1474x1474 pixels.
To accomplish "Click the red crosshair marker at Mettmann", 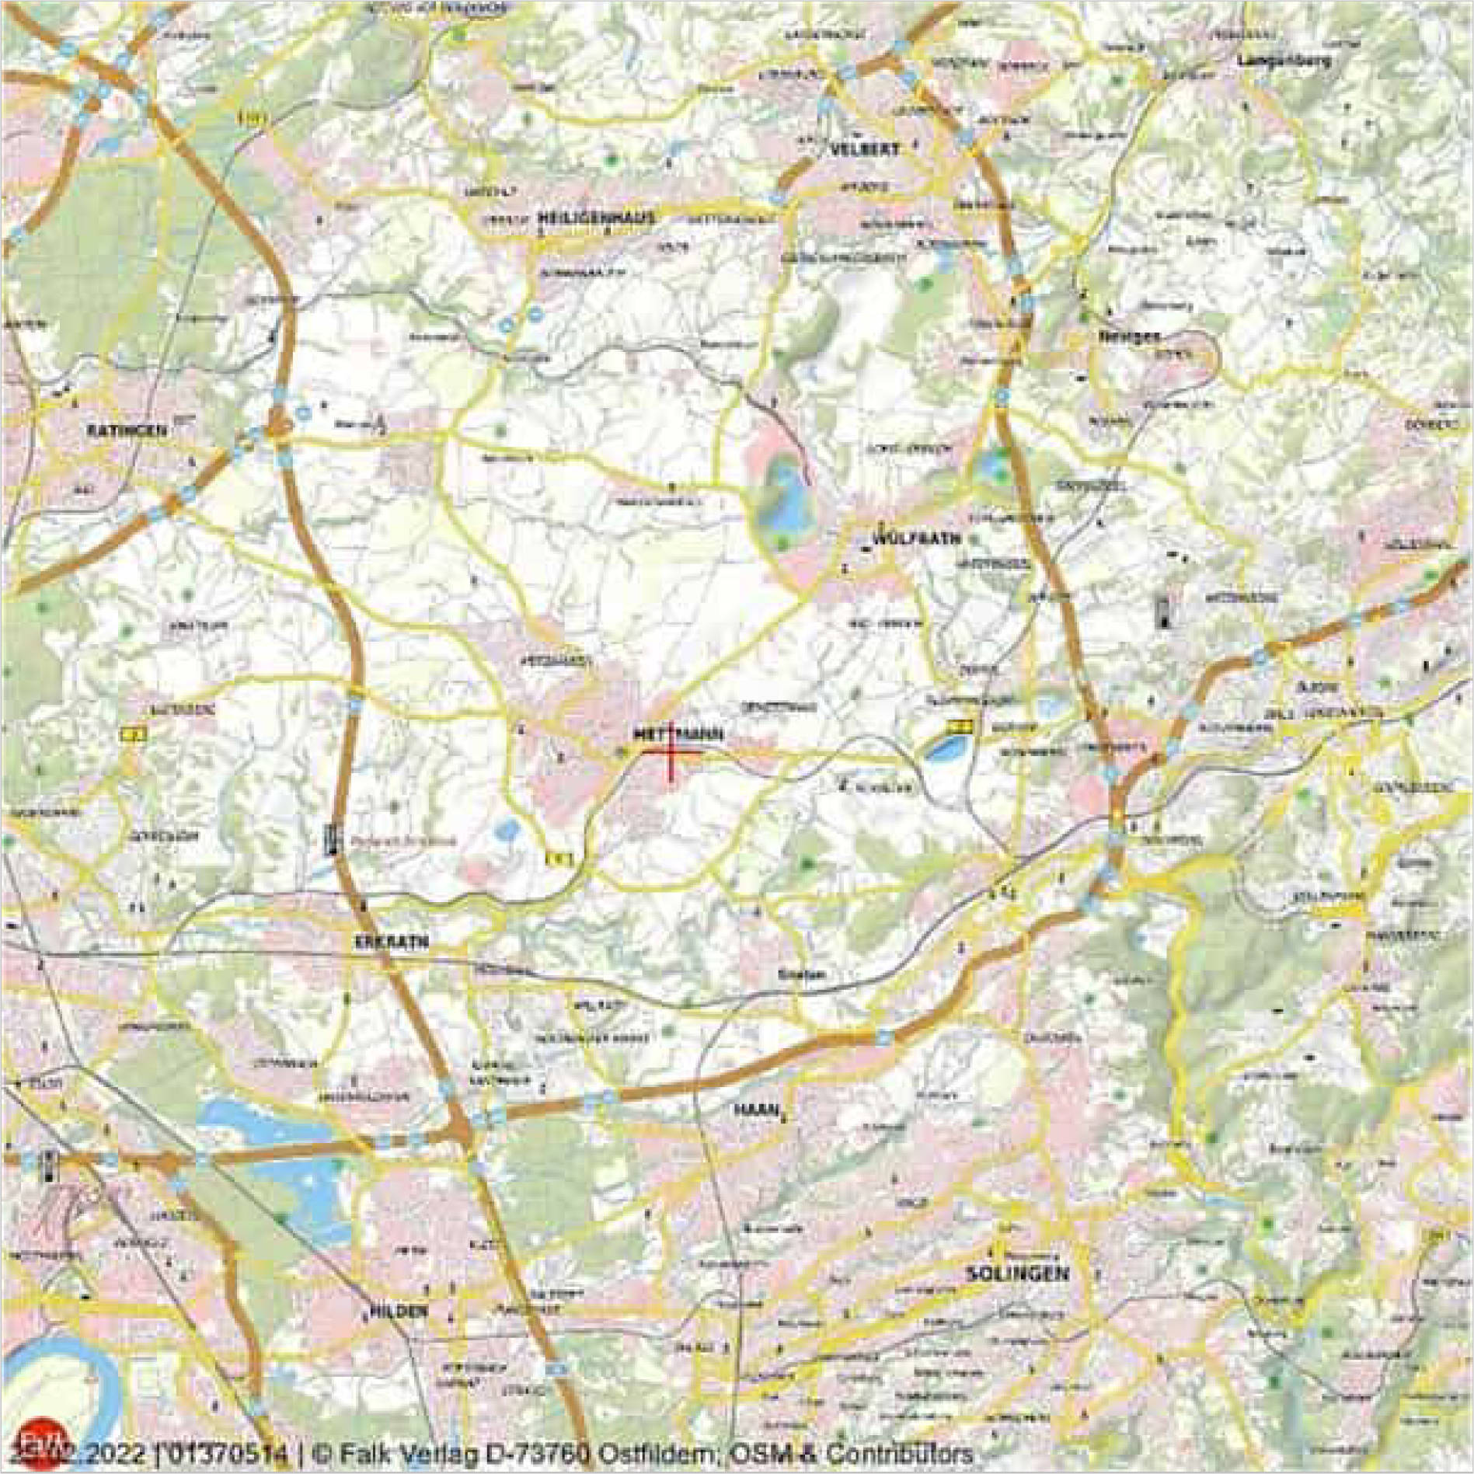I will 671,752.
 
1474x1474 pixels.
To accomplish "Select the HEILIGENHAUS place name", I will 595,218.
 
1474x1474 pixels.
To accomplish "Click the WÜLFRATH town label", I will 917,538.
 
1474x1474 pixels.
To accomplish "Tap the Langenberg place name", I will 1284,60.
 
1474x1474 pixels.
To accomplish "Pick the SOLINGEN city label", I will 1017,1274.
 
